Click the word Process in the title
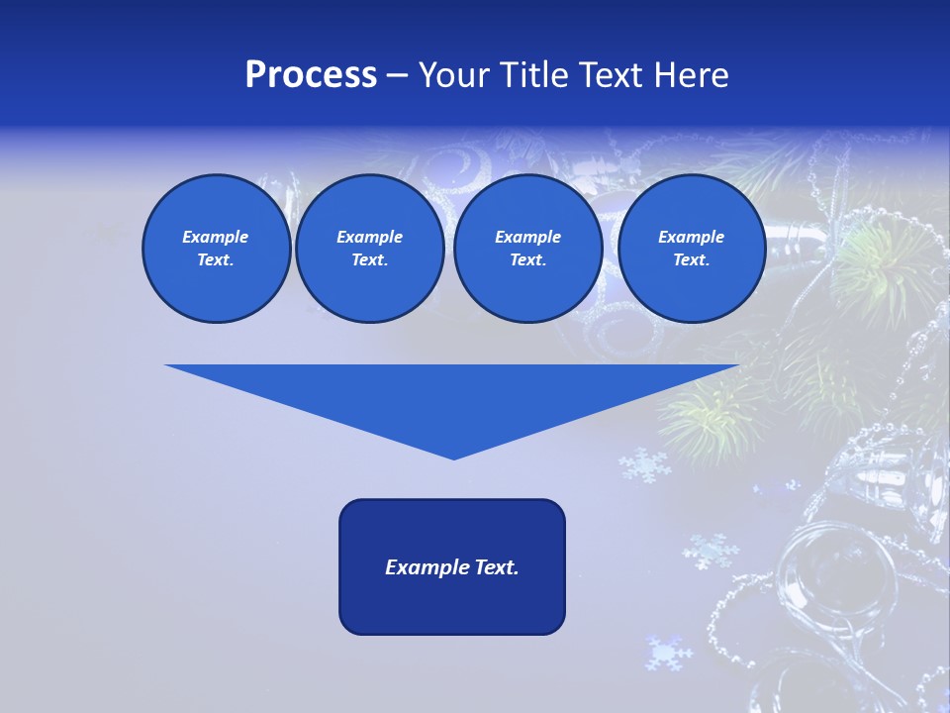(311, 75)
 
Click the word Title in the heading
(531, 75)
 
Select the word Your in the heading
(454, 75)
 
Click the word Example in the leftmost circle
(216, 237)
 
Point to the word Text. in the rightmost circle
(691, 259)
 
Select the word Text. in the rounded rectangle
(496, 567)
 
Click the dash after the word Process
(398, 76)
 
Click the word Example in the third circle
(527, 237)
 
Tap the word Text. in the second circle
(369, 259)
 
